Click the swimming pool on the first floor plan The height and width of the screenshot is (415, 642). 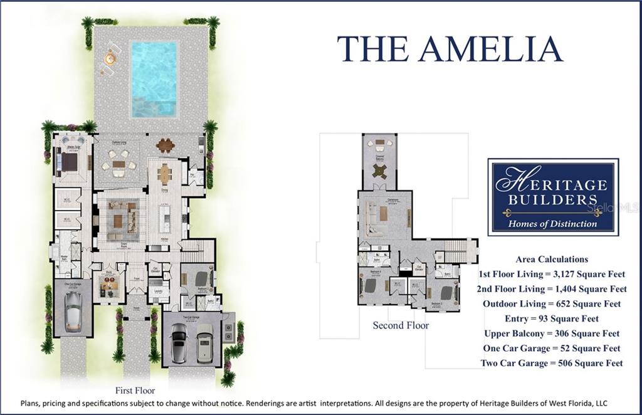(x=154, y=78)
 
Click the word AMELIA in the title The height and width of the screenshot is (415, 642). (x=491, y=48)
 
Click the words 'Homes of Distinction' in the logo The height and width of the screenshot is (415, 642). (x=552, y=224)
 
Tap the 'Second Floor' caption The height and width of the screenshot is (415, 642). (x=401, y=325)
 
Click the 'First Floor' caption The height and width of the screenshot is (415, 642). (x=134, y=390)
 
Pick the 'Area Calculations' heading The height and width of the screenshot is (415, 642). (x=552, y=259)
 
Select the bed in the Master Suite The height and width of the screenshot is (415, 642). (x=69, y=161)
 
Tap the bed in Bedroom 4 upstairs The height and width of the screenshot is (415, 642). (x=370, y=285)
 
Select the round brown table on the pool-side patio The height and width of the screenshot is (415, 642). (x=166, y=145)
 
